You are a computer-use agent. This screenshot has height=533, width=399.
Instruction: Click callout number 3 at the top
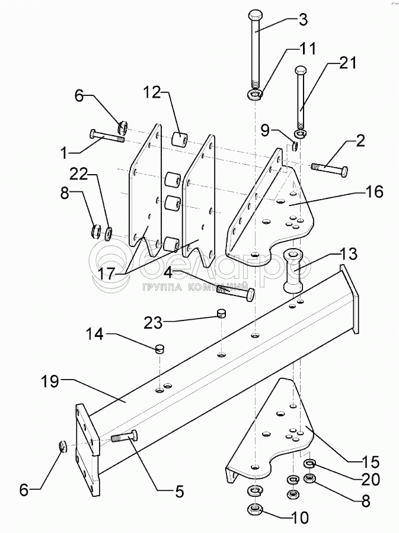(x=302, y=19)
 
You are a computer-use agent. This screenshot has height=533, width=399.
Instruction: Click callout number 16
(x=374, y=192)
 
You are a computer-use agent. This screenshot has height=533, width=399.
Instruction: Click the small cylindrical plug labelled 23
(x=221, y=313)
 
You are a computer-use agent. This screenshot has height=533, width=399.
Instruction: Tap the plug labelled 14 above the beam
(x=159, y=348)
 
